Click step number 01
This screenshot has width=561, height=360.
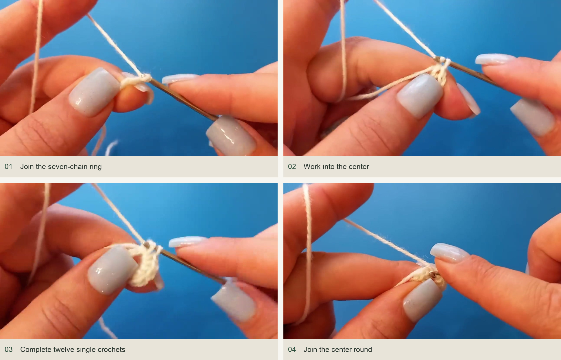tap(8, 167)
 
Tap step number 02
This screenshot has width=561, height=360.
tap(292, 167)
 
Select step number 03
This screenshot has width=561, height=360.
tap(8, 350)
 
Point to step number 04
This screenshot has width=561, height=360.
tap(292, 350)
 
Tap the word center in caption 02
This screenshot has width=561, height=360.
tap(358, 167)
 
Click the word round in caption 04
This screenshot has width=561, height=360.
tap(363, 350)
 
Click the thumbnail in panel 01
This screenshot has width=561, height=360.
tap(139, 78)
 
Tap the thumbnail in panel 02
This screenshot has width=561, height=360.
tap(422, 78)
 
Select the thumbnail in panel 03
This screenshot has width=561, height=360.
tap(139, 261)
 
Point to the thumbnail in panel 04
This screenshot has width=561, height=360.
tap(422, 261)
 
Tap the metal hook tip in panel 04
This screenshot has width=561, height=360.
tap(433, 274)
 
